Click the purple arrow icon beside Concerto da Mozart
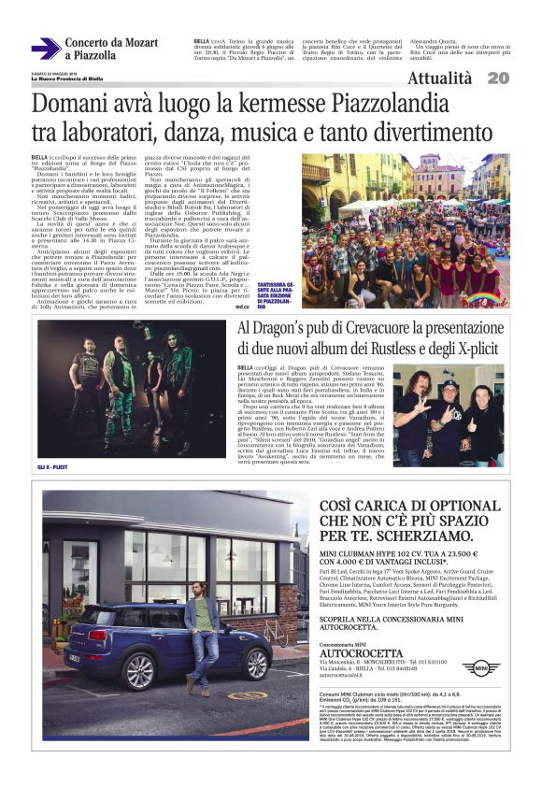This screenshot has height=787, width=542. pos(44,49)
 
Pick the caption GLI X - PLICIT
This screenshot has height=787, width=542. pos(57,465)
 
